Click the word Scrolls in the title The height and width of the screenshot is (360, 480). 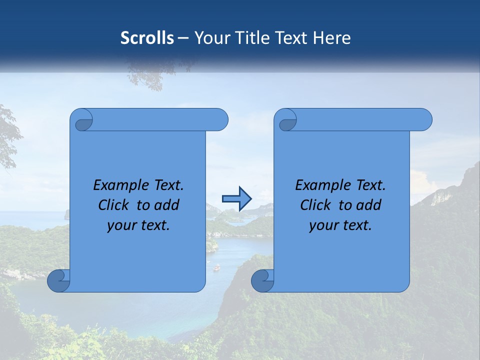pos(147,38)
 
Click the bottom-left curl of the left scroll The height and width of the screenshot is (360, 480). pos(59,280)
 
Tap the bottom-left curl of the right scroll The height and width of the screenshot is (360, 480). pos(262,280)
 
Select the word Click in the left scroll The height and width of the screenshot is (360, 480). pos(111,205)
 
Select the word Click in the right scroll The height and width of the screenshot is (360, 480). pos(313,205)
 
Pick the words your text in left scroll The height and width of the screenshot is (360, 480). pos(138,226)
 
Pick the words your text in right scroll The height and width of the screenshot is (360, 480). pos(340,226)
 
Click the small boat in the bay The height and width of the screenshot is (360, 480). pos(216,268)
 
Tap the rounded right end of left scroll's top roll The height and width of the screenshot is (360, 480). pos(220,119)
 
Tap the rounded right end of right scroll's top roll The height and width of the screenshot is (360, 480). pos(424,119)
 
